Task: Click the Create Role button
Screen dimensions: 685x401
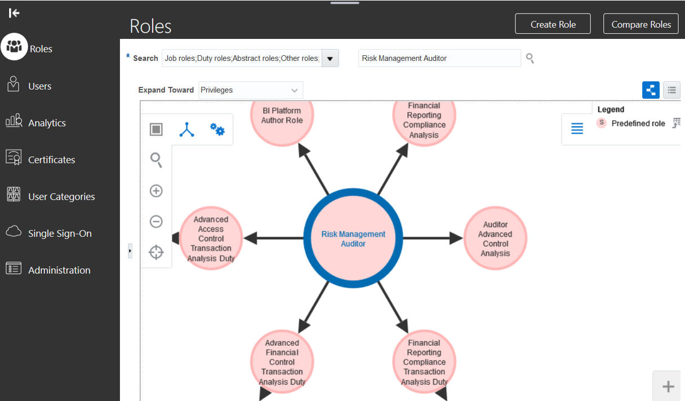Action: click(553, 24)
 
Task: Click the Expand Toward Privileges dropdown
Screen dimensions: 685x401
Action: click(251, 90)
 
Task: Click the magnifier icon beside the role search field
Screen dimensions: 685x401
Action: click(530, 58)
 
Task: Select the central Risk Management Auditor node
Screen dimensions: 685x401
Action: click(353, 238)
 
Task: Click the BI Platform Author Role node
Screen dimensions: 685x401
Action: click(282, 116)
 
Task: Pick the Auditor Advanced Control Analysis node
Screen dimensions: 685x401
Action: click(495, 238)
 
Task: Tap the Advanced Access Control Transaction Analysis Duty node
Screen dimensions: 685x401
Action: click(211, 238)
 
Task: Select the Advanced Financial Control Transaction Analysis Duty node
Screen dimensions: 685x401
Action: click(282, 362)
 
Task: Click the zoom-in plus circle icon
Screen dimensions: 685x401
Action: click(156, 191)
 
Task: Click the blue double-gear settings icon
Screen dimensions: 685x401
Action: click(217, 129)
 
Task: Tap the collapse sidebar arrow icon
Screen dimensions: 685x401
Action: click(14, 13)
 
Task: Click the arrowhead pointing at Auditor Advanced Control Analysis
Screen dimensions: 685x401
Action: click(456, 238)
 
